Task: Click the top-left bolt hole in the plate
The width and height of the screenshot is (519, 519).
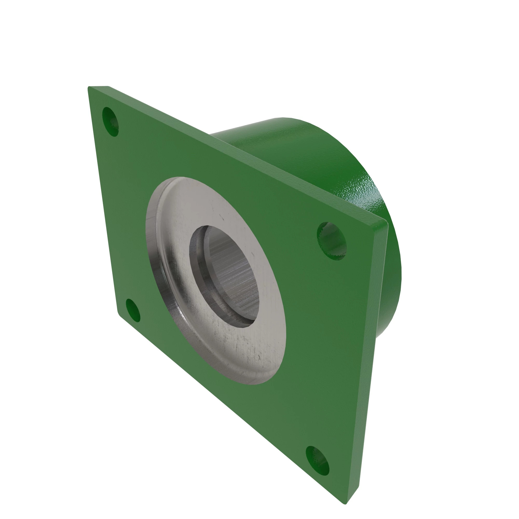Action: [110, 121]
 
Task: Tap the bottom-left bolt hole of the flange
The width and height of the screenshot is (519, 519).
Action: [133, 311]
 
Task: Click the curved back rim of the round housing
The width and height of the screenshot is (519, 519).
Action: [395, 255]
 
